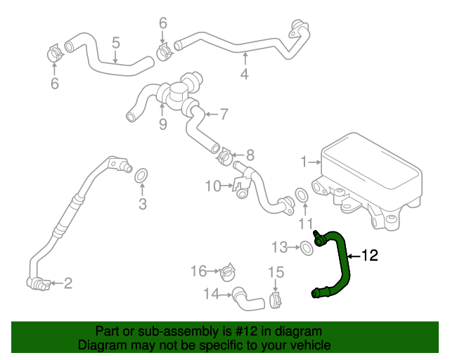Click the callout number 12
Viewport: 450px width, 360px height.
pos(370,255)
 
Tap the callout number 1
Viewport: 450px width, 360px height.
pos(304,162)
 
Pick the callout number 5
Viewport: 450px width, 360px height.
pos(116,44)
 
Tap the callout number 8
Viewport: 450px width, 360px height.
pos(250,154)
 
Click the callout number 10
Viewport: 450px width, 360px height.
pos(213,186)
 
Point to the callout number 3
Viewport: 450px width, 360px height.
pos(142,205)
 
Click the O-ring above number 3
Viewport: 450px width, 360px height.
pos(141,174)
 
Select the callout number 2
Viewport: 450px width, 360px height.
pos(68,283)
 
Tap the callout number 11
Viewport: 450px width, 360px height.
pos(304,224)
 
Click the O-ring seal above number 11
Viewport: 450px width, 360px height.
pos(301,194)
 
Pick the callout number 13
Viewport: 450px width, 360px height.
pos(280,247)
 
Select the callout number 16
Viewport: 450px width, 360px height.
pos(199,271)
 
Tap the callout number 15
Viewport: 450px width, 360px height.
pos(275,271)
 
